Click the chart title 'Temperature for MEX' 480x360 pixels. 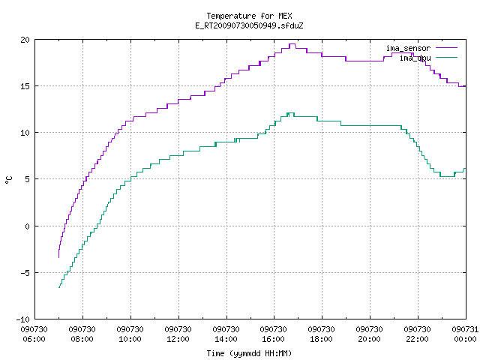(249, 16)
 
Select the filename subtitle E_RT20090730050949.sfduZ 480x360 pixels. (249, 25)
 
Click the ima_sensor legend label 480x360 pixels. (408, 48)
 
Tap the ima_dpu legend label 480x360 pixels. (415, 58)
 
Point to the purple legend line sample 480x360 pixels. (446, 48)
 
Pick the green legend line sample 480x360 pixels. (446, 57)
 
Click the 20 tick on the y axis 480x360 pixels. (25, 40)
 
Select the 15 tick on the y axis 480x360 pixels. (25, 86)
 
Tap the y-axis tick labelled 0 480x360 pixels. (28, 226)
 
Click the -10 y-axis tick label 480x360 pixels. (23, 319)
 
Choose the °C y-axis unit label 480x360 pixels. (8, 180)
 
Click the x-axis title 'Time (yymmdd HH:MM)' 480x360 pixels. (249, 353)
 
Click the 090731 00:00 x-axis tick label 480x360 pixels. (465, 334)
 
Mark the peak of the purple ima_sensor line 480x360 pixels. (292, 44)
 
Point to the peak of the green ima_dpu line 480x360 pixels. (290, 113)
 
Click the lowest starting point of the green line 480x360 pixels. (58, 287)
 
